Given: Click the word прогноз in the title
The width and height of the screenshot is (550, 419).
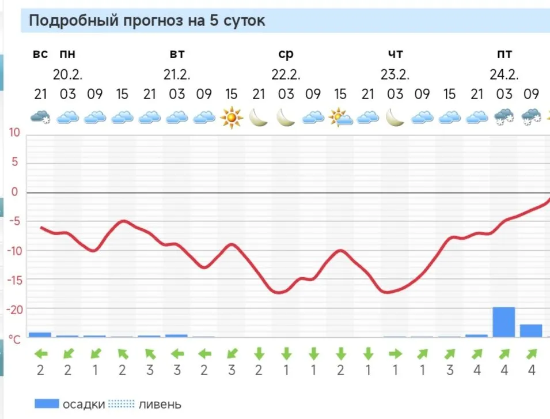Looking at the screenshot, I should click(x=155, y=21).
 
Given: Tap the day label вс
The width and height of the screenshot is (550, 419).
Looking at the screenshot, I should click(x=40, y=54).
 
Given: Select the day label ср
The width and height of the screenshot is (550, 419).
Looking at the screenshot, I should click(x=286, y=54).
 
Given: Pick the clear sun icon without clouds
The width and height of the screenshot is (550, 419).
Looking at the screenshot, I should click(x=232, y=118).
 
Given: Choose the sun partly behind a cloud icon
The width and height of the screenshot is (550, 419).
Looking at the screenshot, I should click(x=340, y=118).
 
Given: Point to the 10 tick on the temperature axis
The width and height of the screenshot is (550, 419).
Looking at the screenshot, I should click(x=14, y=133).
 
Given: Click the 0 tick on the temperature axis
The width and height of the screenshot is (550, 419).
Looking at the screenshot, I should click(x=16, y=192).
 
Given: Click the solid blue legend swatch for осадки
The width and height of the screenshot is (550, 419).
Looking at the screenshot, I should click(x=47, y=403).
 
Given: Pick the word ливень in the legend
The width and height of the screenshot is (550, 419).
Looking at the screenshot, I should click(x=160, y=404).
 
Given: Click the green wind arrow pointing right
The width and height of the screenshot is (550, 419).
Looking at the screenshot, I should click(x=395, y=353).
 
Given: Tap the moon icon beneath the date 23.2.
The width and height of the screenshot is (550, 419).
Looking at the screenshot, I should click(x=395, y=118).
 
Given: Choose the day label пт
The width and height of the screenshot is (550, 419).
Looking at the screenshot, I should click(x=505, y=54).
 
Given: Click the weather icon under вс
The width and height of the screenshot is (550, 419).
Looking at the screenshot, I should click(x=40, y=118).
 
